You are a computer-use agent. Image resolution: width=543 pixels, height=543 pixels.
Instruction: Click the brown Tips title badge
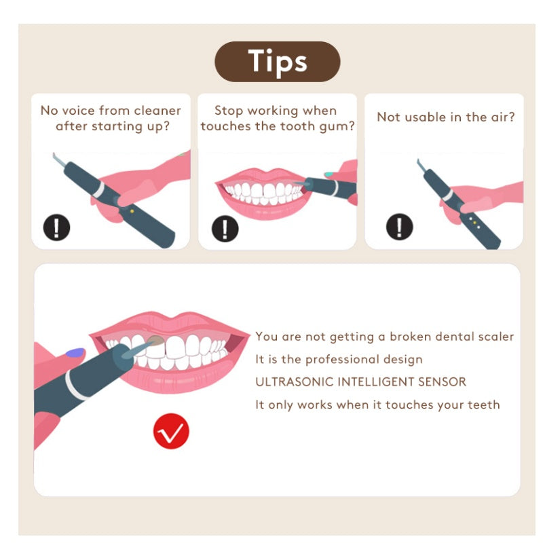[x=277, y=62]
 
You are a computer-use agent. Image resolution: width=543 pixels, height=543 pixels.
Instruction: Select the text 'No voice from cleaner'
[x=111, y=110]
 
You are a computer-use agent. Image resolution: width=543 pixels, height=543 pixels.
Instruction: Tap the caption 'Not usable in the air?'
[x=445, y=117]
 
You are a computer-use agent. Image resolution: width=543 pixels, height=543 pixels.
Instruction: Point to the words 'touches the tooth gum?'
[x=278, y=126]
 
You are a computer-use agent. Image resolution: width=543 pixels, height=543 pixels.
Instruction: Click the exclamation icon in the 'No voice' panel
[x=56, y=227]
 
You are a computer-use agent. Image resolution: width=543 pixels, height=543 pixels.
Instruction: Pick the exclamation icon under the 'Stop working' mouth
[x=225, y=227]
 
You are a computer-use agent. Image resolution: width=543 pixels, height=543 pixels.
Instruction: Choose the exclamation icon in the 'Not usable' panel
[x=399, y=226]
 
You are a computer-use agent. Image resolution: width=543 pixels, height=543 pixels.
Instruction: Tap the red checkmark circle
[x=171, y=431]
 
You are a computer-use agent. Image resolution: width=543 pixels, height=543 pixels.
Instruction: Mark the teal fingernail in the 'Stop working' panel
[x=329, y=174]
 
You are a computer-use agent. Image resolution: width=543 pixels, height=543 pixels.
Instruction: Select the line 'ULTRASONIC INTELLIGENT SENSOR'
[x=360, y=381]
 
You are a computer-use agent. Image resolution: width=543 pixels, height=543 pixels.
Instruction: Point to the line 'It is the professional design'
[x=339, y=359]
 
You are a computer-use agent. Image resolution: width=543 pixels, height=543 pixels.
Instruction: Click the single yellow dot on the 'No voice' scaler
[x=131, y=211]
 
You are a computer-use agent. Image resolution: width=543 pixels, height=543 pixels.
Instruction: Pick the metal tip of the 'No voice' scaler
[x=58, y=158]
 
